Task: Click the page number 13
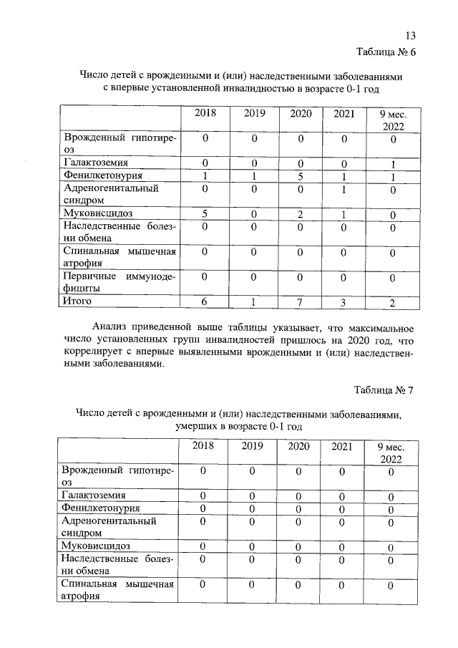pyautogui.click(x=410, y=37)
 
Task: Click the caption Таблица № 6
pyautogui.click(x=385, y=52)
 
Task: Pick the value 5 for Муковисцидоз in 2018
pyautogui.click(x=205, y=213)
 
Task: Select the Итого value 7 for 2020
pyautogui.click(x=301, y=304)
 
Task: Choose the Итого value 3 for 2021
pyautogui.click(x=343, y=304)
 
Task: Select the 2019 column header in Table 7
pyautogui.click(x=252, y=447)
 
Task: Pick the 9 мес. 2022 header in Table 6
pyautogui.click(x=391, y=120)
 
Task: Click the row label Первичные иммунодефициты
pyautogui.click(x=119, y=281)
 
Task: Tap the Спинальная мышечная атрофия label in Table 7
pyautogui.click(x=119, y=591)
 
